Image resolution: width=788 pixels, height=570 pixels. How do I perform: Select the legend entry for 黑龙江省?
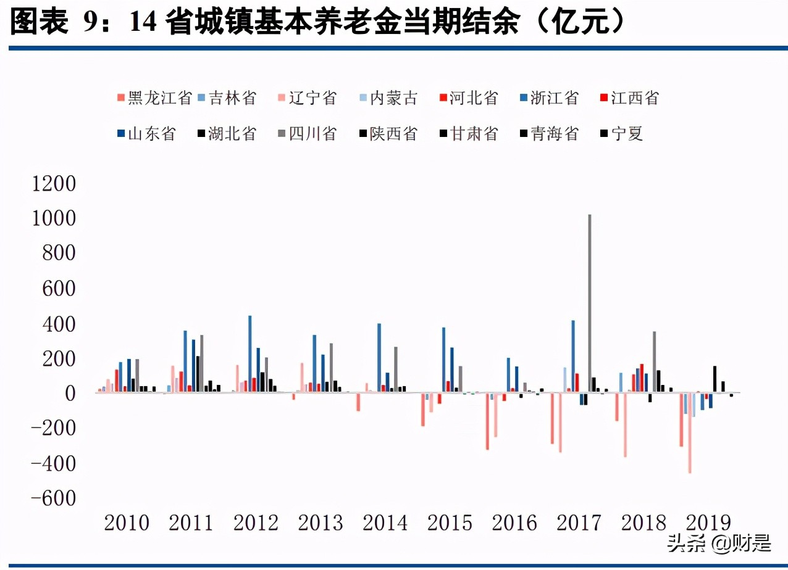tap(154, 98)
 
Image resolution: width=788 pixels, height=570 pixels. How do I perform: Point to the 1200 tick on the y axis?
tap(54, 184)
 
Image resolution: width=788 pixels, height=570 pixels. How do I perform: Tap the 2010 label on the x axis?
tap(127, 523)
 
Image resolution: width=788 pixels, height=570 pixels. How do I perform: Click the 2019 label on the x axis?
tap(708, 523)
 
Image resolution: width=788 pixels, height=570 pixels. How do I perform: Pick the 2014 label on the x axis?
tap(385, 523)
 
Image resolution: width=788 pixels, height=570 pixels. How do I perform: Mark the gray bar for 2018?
tap(654, 362)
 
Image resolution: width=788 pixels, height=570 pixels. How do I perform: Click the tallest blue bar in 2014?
tap(379, 358)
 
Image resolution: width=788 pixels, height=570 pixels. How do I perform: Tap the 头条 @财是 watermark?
tap(718, 543)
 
